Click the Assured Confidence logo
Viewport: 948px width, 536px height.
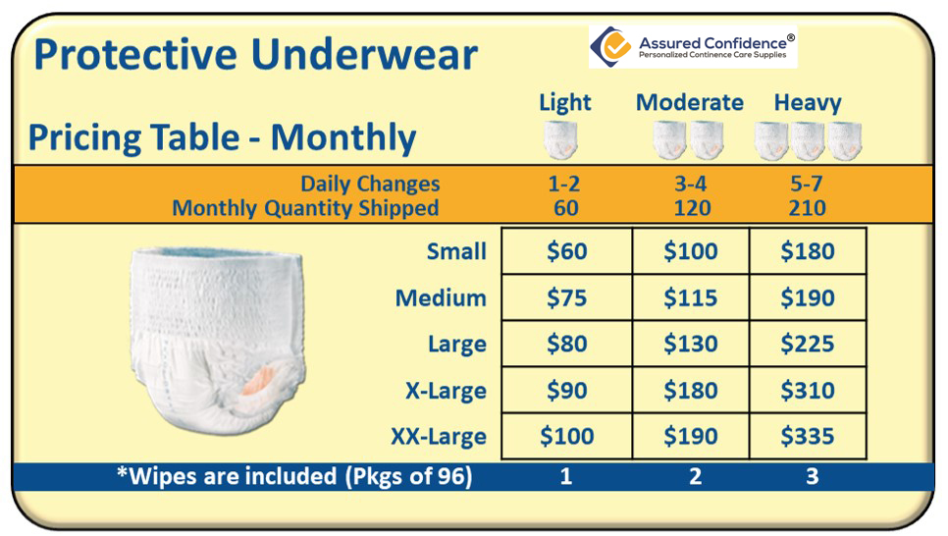point(693,46)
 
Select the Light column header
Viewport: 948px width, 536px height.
point(564,103)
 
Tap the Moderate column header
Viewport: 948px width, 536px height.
point(689,102)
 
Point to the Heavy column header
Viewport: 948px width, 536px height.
point(808,103)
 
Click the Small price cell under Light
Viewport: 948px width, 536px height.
point(566,251)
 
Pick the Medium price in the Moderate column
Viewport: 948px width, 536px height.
point(691,297)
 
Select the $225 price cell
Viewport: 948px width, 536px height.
point(807,344)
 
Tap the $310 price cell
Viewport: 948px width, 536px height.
point(807,390)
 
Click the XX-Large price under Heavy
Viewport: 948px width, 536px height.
point(807,436)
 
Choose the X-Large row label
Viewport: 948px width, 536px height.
point(446,391)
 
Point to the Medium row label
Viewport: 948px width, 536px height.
point(441,298)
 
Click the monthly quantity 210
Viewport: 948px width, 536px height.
point(807,208)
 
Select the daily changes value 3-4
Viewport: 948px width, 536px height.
point(691,184)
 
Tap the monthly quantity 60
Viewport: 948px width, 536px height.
point(566,208)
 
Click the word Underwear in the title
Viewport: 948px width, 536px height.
point(364,54)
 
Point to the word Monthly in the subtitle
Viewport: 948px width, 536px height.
point(343,138)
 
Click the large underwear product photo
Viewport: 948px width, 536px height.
point(218,340)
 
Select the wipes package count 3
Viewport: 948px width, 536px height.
point(812,477)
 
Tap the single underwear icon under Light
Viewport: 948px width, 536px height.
point(560,140)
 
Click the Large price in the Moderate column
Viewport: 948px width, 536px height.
point(691,344)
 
